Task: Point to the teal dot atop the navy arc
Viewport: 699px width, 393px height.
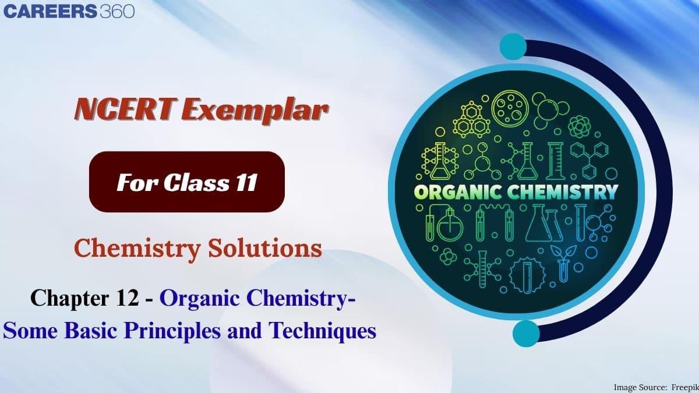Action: [x=513, y=45]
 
